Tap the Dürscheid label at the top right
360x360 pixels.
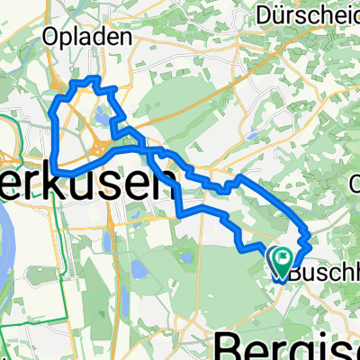point(310,14)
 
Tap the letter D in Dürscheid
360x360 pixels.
point(265,14)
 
